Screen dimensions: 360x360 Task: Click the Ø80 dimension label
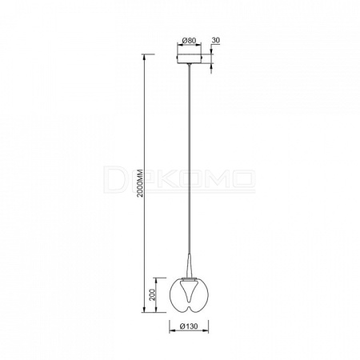click(x=189, y=41)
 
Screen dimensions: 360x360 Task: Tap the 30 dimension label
click(x=216, y=40)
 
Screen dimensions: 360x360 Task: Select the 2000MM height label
click(x=140, y=183)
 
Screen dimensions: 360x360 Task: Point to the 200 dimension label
click(x=152, y=294)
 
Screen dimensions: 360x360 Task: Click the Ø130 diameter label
click(x=189, y=326)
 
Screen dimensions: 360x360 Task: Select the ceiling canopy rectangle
click(x=190, y=58)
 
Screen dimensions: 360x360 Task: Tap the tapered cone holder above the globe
click(x=189, y=266)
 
